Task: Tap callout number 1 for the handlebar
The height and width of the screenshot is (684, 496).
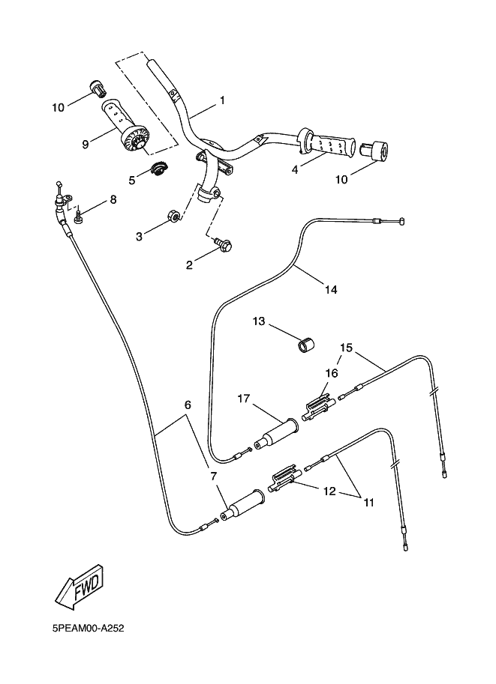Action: click(x=222, y=100)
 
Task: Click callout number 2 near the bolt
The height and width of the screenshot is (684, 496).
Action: click(x=190, y=264)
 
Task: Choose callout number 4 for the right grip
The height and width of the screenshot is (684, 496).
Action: click(x=296, y=169)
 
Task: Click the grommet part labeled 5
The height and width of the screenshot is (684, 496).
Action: click(x=158, y=170)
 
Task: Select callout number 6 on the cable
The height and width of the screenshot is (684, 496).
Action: click(x=188, y=405)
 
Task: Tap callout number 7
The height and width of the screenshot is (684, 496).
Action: click(x=214, y=476)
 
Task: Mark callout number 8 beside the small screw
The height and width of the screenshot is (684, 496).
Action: click(x=113, y=200)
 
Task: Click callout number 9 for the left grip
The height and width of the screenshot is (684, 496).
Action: click(x=86, y=142)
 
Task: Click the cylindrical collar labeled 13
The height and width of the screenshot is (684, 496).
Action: click(x=305, y=347)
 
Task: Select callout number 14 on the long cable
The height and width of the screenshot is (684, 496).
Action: click(x=331, y=288)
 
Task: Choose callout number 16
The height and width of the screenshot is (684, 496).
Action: click(x=331, y=372)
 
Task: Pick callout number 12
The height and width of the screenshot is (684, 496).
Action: click(x=329, y=491)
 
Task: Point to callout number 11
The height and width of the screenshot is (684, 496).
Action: click(x=368, y=503)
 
